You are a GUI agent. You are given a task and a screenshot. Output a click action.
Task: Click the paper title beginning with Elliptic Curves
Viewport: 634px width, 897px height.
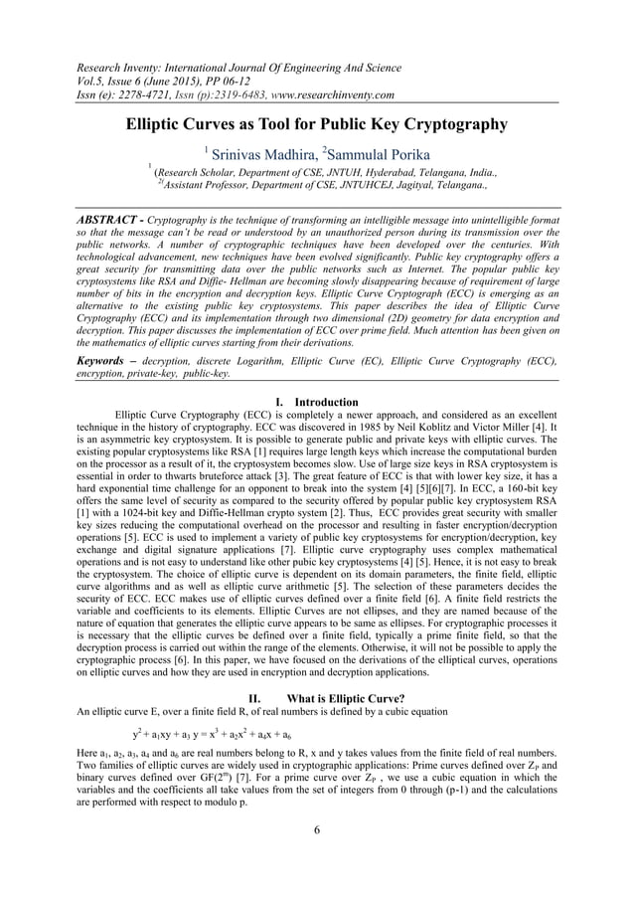point(315,125)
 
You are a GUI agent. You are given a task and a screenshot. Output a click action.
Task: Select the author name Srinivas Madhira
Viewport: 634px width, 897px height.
point(257,153)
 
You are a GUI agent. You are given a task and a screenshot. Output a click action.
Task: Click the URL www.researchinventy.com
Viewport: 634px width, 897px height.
point(327,94)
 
